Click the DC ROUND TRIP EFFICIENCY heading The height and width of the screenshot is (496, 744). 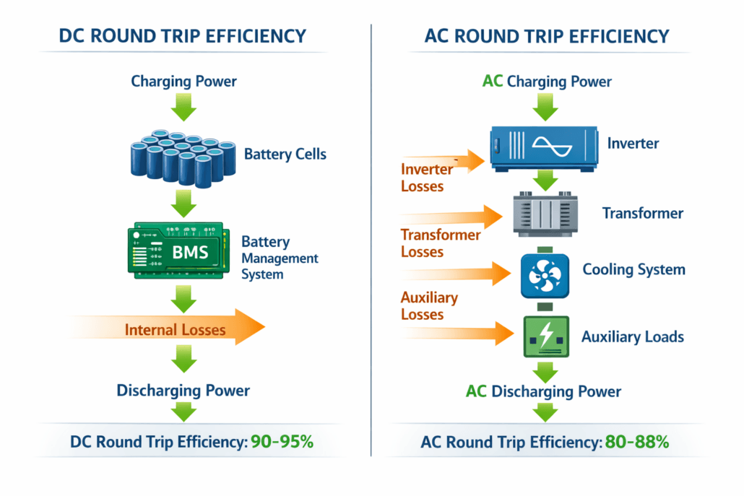pyautogui.click(x=183, y=35)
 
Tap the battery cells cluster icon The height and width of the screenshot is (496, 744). pyautogui.click(x=183, y=157)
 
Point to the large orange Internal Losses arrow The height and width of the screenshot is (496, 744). pyautogui.click(x=173, y=330)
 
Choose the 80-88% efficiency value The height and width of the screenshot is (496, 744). pyautogui.click(x=636, y=442)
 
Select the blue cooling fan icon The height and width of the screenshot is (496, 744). pyautogui.click(x=545, y=275)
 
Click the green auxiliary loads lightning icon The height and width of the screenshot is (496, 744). pyautogui.click(x=545, y=336)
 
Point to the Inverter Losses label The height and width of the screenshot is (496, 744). pyautogui.click(x=426, y=178)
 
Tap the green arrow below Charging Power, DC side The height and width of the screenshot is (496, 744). pyautogui.click(x=183, y=108)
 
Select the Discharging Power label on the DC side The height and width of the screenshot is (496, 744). pyautogui.click(x=183, y=391)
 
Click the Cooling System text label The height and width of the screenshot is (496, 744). pyautogui.click(x=633, y=270)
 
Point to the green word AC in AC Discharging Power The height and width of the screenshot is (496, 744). pyautogui.click(x=476, y=391)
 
